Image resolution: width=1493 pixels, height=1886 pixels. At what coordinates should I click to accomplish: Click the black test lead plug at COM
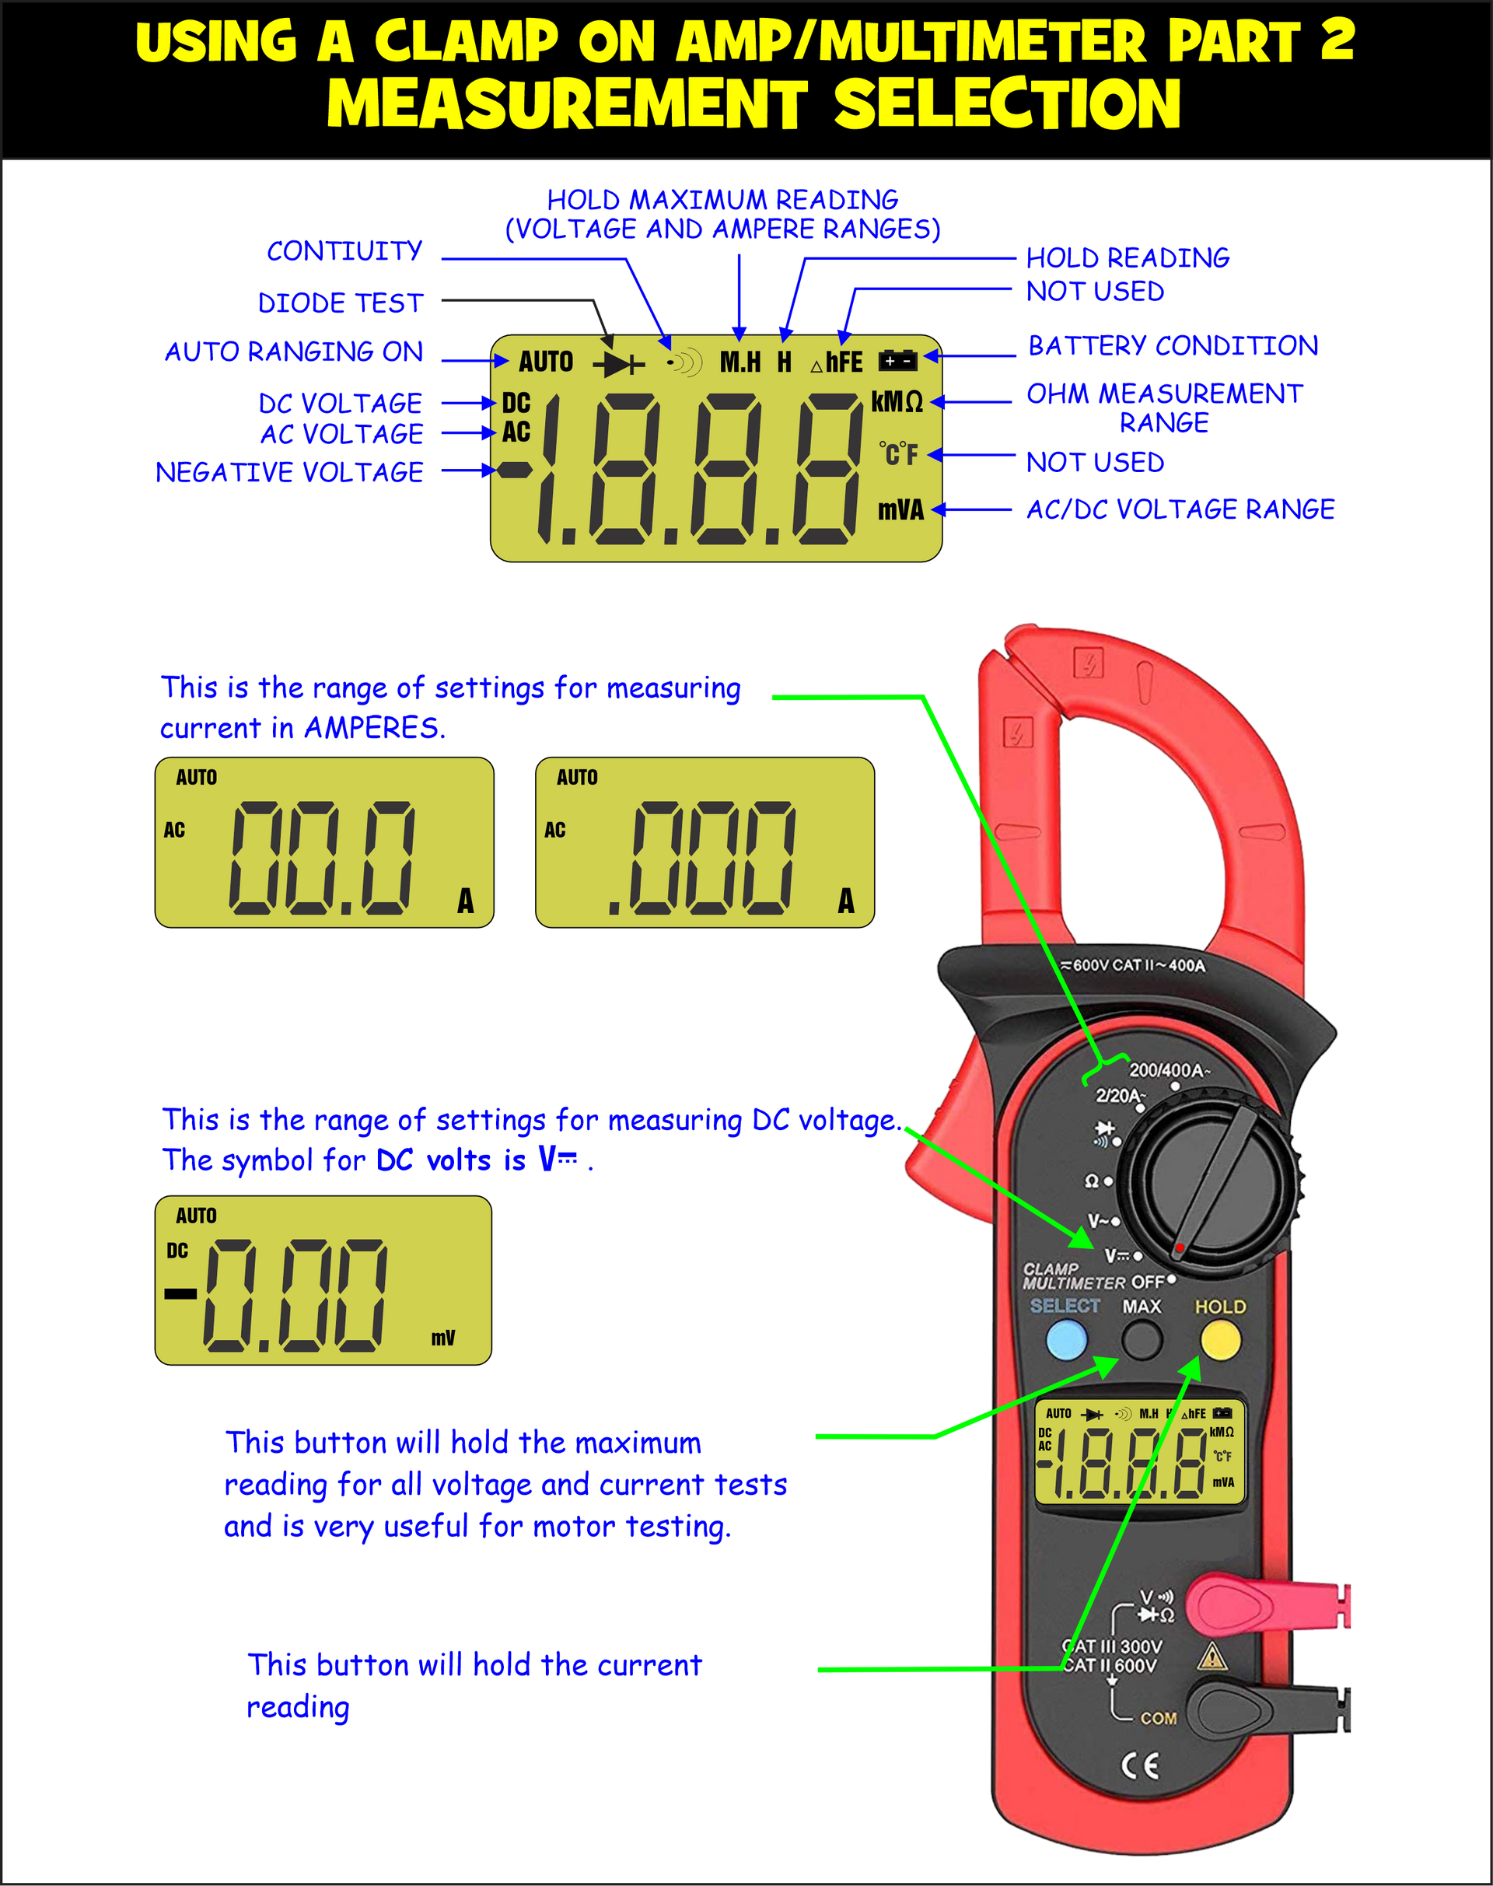(x=1250, y=1710)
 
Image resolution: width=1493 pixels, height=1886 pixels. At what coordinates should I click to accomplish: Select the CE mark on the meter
(x=1140, y=1765)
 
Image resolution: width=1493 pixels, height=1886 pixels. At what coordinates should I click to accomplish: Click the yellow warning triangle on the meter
(x=1212, y=1656)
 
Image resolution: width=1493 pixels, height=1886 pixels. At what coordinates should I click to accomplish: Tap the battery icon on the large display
(x=897, y=360)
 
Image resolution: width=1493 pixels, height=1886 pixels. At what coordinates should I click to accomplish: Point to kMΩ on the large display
(x=897, y=401)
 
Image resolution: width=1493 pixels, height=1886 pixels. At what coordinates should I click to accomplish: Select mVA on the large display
(x=900, y=509)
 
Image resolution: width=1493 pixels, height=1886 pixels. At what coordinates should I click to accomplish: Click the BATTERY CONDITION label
(x=1173, y=346)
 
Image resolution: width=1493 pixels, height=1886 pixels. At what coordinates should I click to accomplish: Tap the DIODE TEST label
(x=340, y=303)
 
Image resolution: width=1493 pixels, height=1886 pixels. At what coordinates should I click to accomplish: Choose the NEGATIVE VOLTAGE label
(x=289, y=472)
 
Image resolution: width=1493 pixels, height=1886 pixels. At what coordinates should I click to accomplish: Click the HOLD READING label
(x=1128, y=258)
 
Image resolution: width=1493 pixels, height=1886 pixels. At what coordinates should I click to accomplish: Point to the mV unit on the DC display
(x=443, y=1338)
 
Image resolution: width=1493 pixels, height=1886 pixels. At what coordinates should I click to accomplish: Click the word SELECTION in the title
(x=1007, y=104)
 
